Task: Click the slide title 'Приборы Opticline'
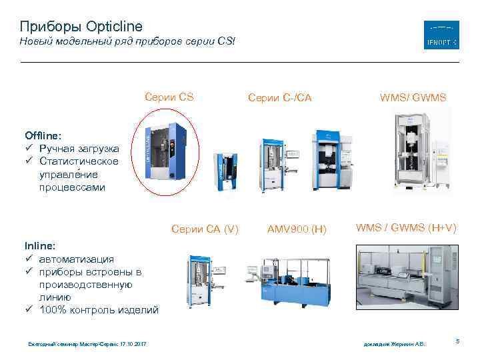point(81,27)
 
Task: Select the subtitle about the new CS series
point(127,42)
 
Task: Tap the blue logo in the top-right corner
point(441,35)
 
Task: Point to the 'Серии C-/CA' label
point(279,98)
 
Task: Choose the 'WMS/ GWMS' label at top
point(413,98)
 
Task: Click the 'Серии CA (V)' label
point(205,229)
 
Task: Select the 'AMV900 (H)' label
point(297,229)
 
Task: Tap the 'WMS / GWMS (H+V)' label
point(406,228)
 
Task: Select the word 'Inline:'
point(40,246)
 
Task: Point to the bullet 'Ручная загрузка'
point(79,149)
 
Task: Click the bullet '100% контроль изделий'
point(99,309)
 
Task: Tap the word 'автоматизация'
point(76,259)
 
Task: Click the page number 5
point(457,341)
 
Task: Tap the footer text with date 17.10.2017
point(87,343)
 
